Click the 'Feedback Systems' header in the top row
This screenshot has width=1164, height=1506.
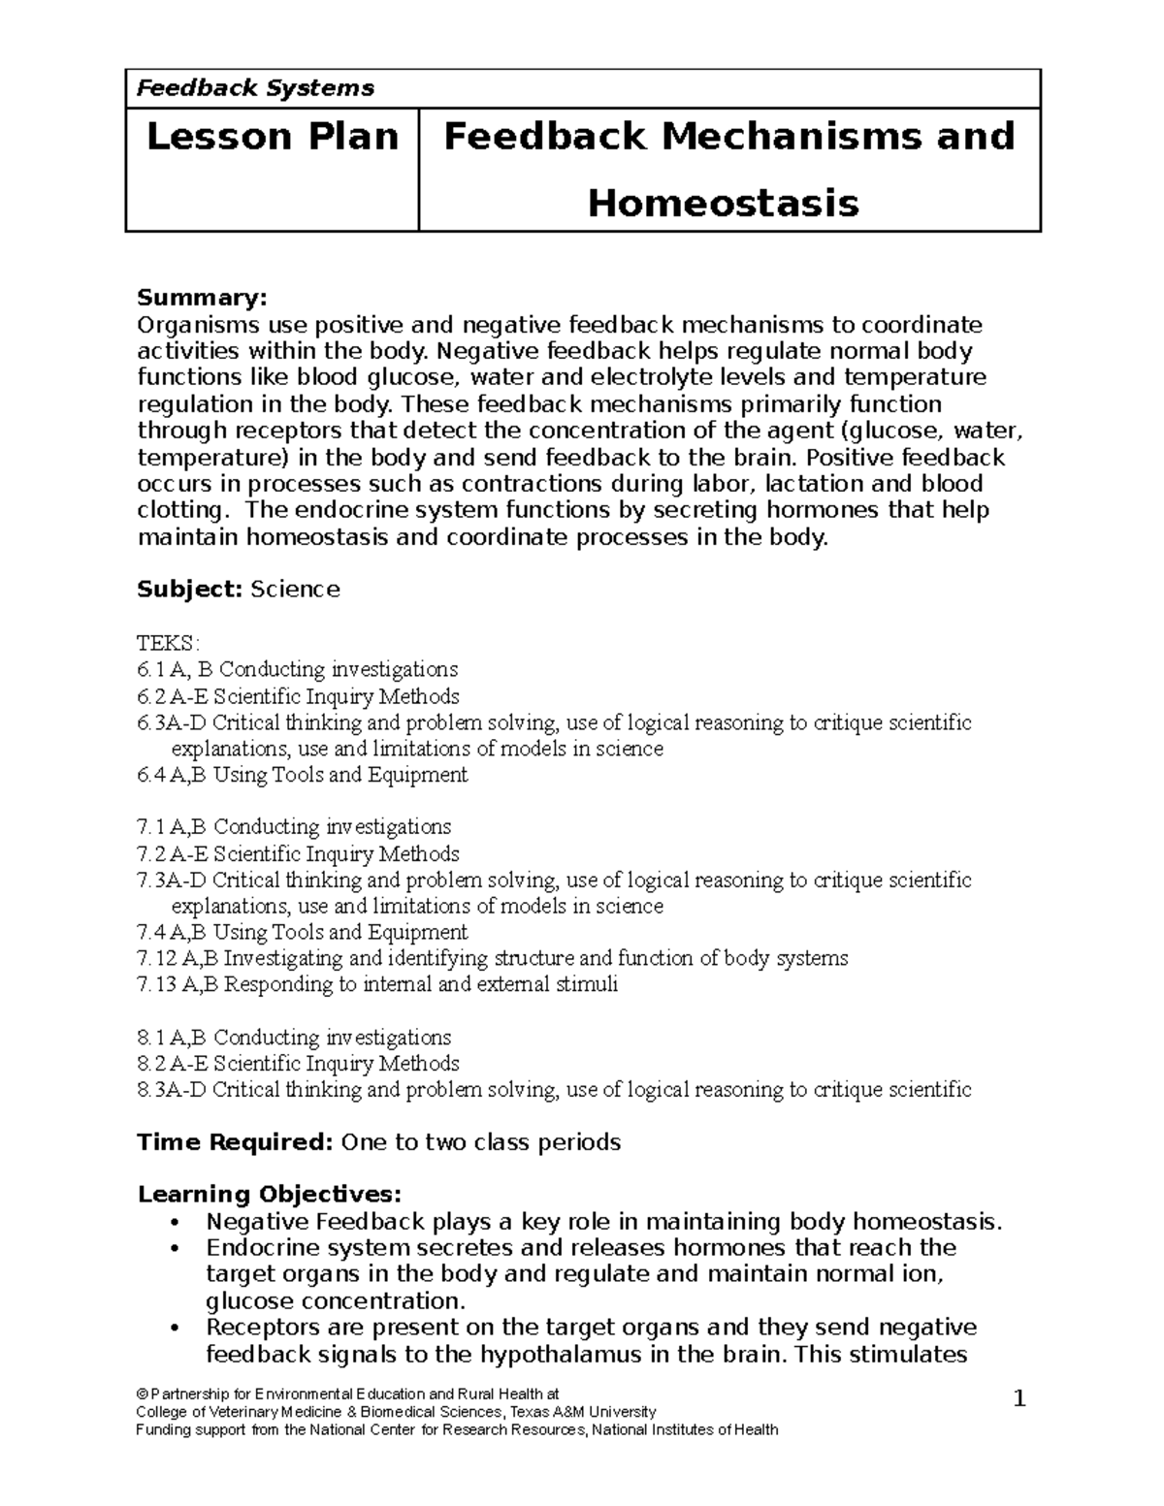click(255, 88)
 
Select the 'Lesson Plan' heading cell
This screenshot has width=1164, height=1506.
click(273, 137)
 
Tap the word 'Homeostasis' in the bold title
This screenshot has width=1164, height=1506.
click(724, 204)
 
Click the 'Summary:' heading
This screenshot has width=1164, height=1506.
click(201, 297)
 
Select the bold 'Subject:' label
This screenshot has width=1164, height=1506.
click(190, 590)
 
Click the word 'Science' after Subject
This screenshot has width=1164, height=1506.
click(295, 590)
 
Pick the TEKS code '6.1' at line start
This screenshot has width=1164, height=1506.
click(150, 669)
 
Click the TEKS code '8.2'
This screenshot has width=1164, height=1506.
click(150, 1063)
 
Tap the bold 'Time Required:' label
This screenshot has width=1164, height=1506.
click(236, 1142)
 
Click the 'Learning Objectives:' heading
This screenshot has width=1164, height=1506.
click(269, 1194)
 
